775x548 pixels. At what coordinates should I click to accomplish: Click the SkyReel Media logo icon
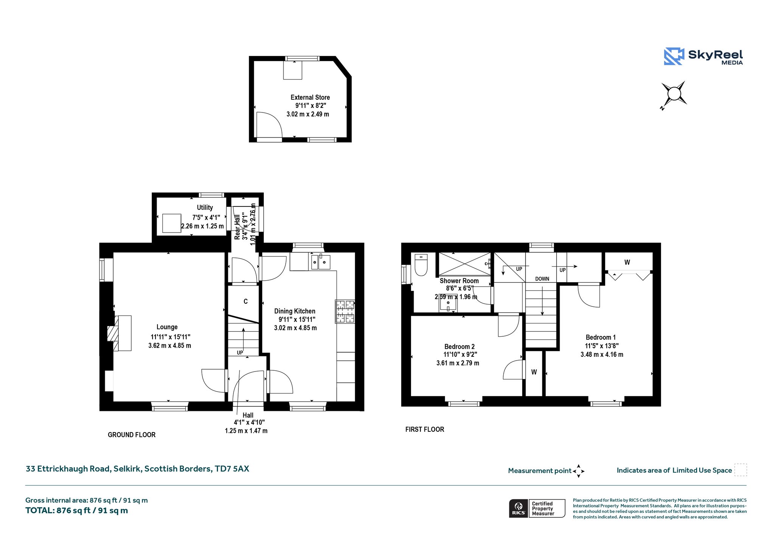(674, 56)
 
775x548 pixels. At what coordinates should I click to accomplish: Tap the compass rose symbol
(674, 94)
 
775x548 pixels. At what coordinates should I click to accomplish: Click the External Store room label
(310, 97)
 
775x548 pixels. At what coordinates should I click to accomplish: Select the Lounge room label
(167, 327)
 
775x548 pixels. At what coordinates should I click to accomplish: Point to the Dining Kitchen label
(295, 311)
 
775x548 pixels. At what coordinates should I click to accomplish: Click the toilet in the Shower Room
(421, 264)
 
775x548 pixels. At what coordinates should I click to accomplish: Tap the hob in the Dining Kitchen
(345, 311)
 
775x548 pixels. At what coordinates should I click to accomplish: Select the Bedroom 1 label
(601, 337)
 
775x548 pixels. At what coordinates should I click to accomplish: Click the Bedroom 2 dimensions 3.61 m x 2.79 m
(458, 363)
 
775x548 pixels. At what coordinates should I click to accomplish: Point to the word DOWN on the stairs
(542, 279)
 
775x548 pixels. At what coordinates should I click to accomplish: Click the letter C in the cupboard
(246, 301)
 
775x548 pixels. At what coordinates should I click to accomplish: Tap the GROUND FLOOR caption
(132, 435)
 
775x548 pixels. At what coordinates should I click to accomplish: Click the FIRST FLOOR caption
(425, 429)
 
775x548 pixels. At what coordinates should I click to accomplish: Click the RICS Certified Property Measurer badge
(537, 508)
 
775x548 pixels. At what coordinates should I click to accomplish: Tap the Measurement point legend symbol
(579, 471)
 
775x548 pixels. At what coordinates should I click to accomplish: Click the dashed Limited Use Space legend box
(741, 470)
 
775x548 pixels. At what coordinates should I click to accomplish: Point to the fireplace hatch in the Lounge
(113, 333)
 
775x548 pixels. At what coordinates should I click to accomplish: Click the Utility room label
(205, 207)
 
